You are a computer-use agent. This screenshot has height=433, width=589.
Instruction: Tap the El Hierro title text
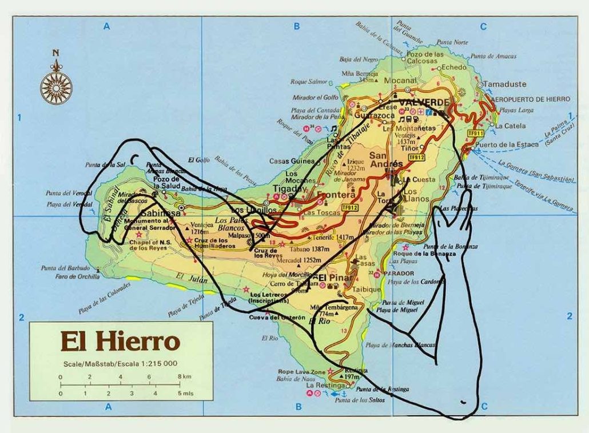click(120, 342)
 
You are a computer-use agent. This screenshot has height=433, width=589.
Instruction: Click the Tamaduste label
click(504, 84)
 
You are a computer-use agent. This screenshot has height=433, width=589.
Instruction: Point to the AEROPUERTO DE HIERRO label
click(523, 98)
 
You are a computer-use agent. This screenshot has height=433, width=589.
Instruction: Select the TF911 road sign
click(474, 133)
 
